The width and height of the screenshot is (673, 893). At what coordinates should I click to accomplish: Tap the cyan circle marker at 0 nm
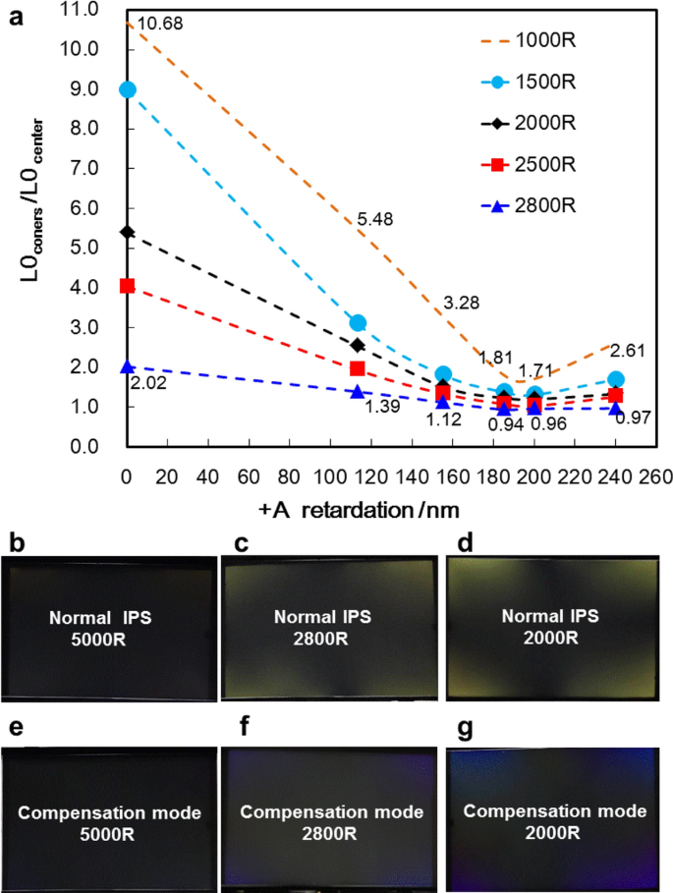coord(127,89)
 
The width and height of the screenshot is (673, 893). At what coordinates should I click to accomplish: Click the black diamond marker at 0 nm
coord(127,232)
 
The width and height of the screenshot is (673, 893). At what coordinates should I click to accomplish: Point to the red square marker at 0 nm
coord(127,286)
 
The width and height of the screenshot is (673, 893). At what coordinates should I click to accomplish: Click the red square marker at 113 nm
coord(358,368)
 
